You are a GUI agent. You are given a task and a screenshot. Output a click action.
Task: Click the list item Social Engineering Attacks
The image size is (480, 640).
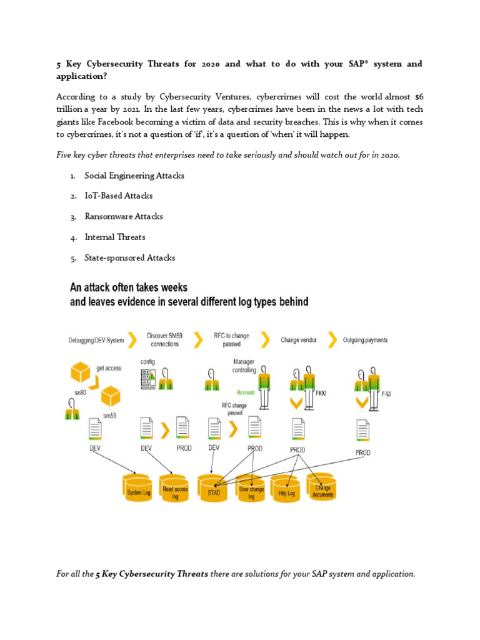click(134, 176)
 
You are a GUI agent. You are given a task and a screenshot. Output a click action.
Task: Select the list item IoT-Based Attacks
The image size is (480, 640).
click(119, 196)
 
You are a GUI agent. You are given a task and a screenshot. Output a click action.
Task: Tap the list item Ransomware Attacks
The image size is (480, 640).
click(124, 216)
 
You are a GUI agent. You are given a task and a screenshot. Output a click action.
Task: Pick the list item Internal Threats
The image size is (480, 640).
click(115, 237)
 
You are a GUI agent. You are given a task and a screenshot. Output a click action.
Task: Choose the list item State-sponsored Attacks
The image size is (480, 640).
click(130, 257)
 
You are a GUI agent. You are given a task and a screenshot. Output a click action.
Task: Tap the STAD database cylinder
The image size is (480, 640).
click(214, 489)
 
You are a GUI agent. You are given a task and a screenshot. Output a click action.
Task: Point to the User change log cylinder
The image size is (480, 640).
click(251, 489)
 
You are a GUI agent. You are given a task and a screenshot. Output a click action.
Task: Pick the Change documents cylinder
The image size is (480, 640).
click(323, 487)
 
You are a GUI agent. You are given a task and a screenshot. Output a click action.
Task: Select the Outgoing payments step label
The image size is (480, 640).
click(366, 340)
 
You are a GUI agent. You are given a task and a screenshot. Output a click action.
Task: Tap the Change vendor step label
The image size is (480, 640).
click(298, 340)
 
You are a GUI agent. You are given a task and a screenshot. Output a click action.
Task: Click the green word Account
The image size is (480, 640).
click(245, 392)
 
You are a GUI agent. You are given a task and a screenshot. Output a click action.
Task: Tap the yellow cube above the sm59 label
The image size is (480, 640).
click(110, 396)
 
